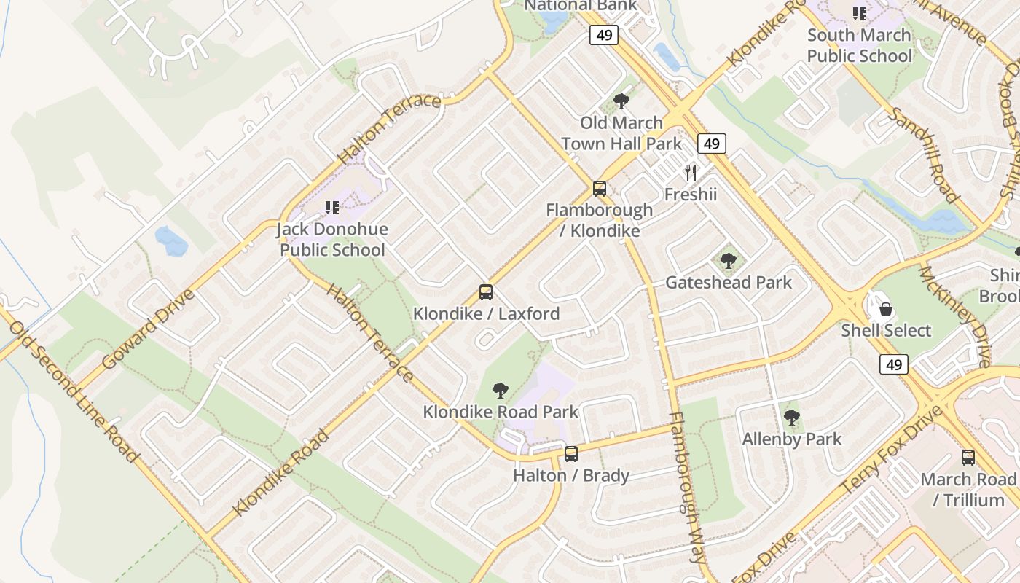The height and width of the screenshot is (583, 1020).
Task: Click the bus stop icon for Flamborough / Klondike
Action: click(x=600, y=189)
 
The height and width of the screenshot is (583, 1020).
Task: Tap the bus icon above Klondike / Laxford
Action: click(x=486, y=293)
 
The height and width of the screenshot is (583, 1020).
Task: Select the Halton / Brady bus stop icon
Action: click(x=571, y=454)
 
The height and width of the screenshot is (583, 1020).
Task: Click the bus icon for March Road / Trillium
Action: click(x=968, y=458)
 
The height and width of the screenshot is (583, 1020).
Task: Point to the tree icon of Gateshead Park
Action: click(x=728, y=261)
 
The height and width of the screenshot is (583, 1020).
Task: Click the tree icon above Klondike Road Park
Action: click(x=501, y=391)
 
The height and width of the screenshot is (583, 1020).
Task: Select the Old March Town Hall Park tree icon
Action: click(x=621, y=101)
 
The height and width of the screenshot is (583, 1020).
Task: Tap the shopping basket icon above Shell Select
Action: click(x=886, y=309)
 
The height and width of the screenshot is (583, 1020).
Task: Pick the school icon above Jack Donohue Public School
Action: click(x=332, y=208)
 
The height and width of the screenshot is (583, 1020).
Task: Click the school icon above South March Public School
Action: click(x=860, y=14)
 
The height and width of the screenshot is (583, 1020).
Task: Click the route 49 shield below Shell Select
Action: click(x=893, y=364)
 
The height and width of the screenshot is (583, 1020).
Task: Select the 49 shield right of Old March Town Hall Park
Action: click(x=712, y=144)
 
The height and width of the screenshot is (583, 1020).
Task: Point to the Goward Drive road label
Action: click(x=149, y=329)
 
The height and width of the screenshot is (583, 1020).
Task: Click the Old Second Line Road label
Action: click(x=73, y=391)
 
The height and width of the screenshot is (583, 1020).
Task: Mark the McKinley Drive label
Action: click(x=954, y=316)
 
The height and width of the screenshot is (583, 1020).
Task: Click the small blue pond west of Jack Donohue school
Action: click(x=171, y=241)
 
